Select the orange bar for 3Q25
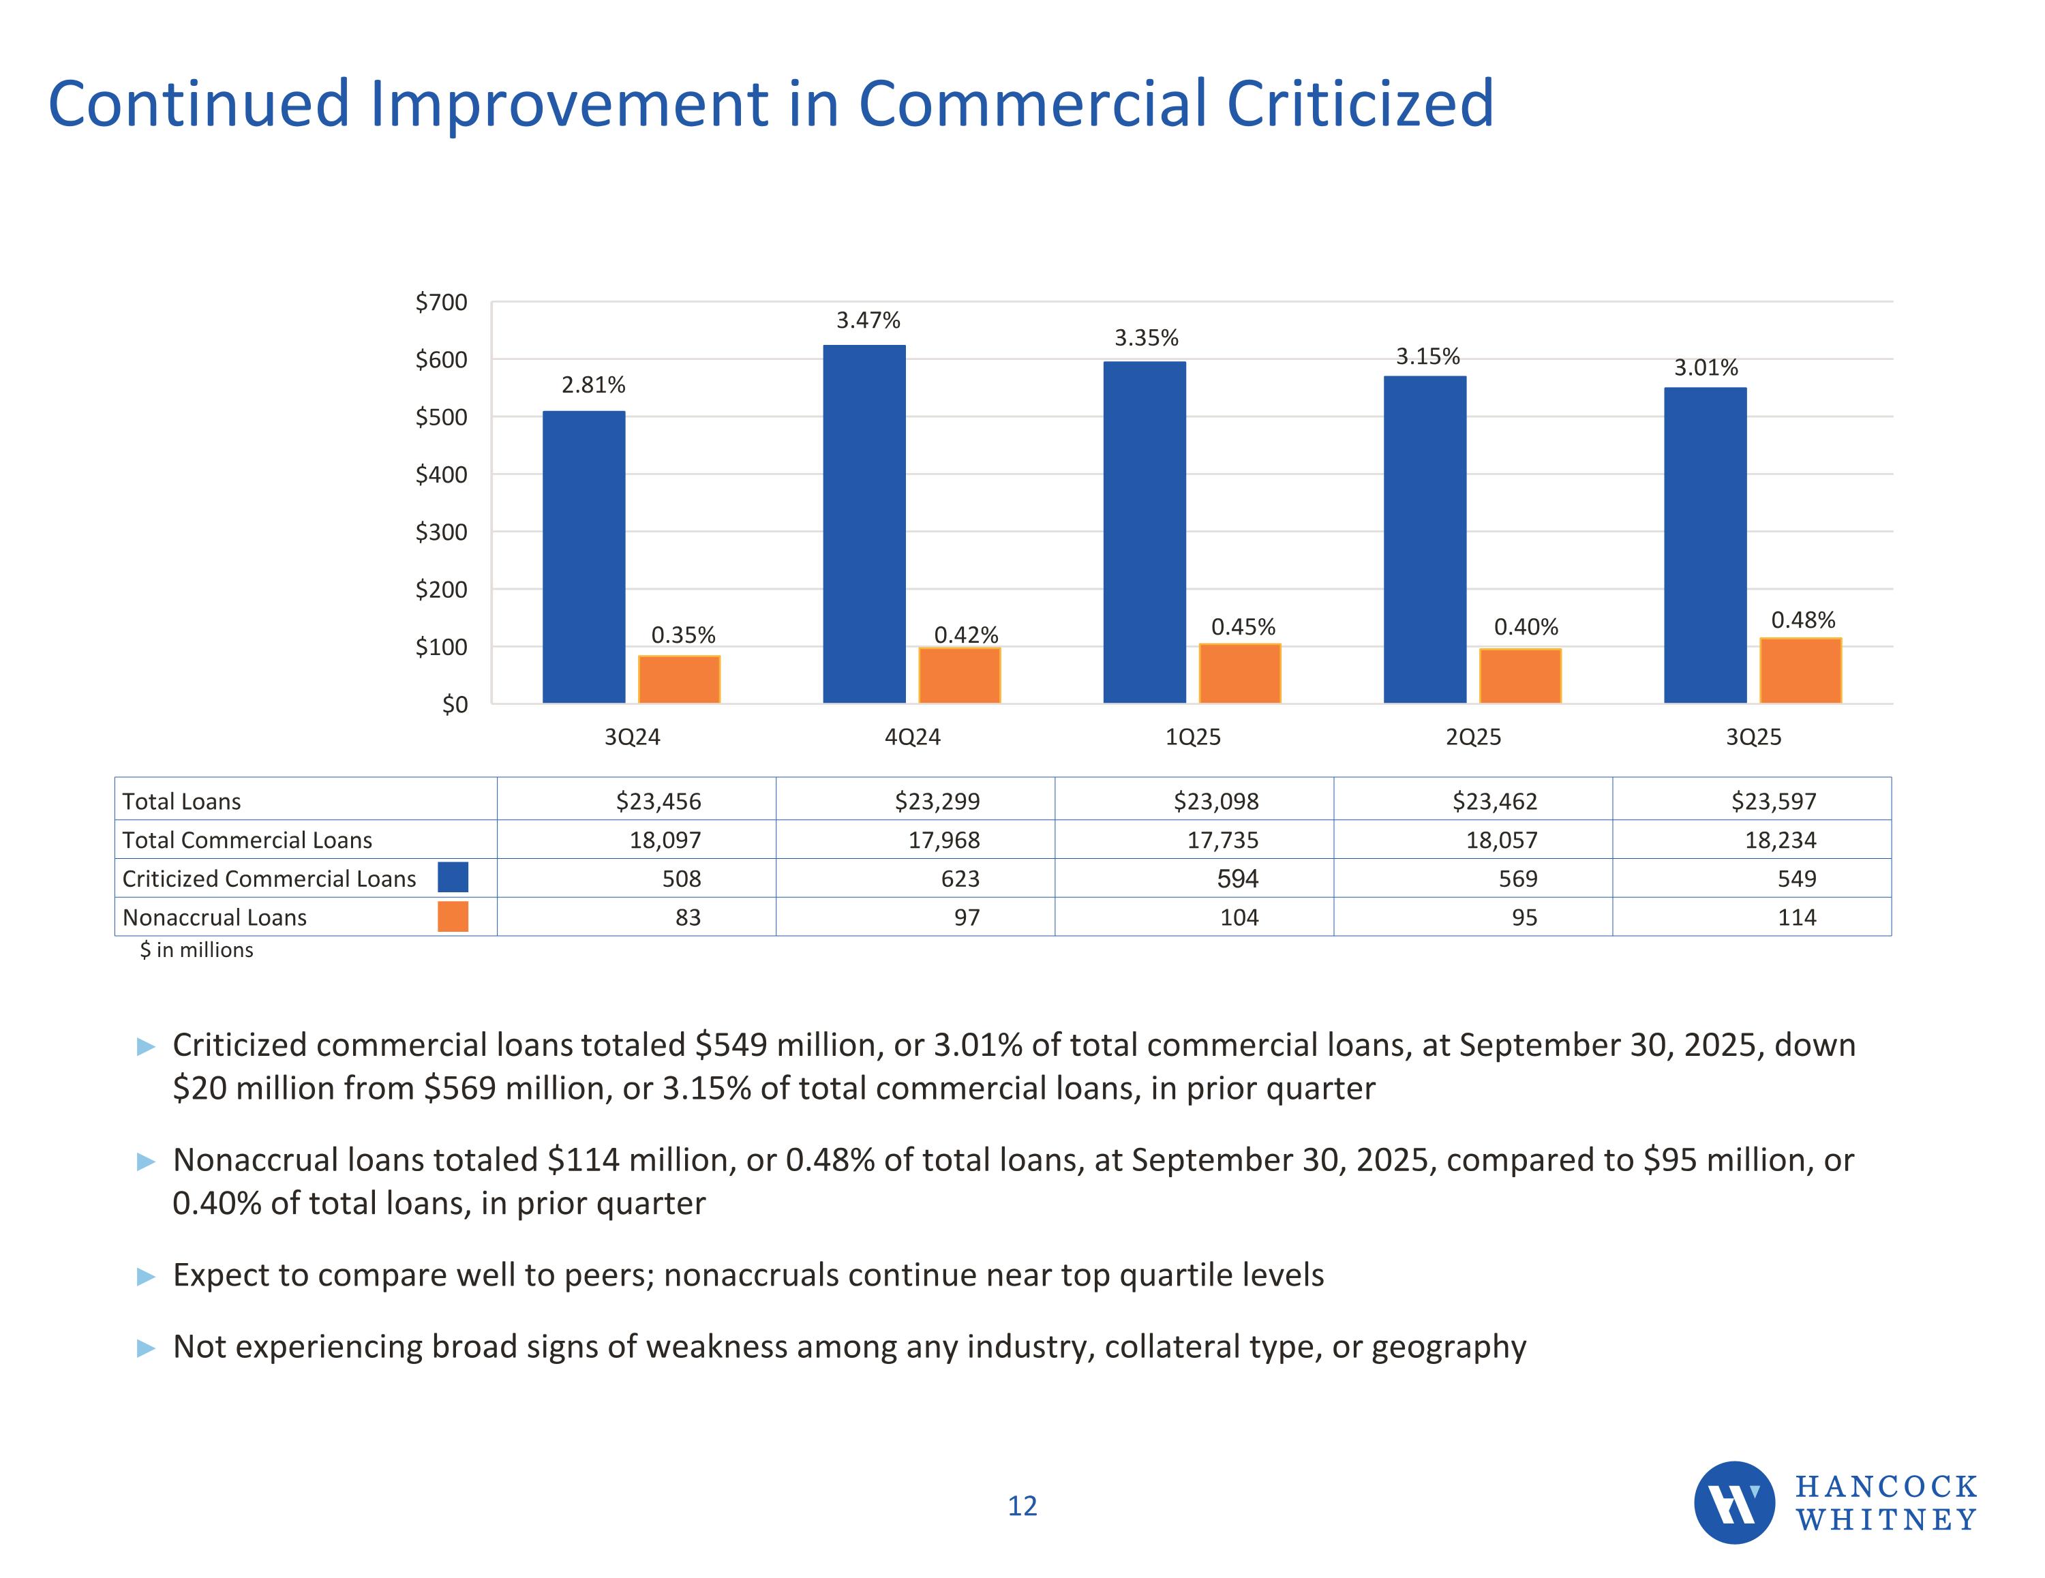click(x=1800, y=671)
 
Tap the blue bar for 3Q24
click(x=584, y=556)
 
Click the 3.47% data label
click(x=868, y=321)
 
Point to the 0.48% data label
click(x=1802, y=620)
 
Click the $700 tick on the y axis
click(x=441, y=303)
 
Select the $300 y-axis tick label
click(x=441, y=532)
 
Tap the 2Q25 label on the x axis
click(x=1473, y=737)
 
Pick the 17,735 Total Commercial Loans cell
click(x=1222, y=840)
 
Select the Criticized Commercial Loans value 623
click(x=960, y=879)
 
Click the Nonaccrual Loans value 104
click(x=1238, y=917)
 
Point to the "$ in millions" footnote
click(x=196, y=950)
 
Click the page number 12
click(x=1022, y=1506)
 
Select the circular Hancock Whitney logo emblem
click(x=1734, y=1503)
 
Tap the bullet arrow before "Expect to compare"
click(x=146, y=1277)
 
